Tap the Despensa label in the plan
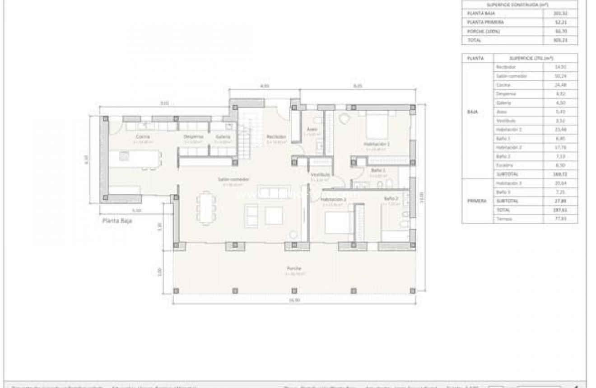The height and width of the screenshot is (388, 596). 193,136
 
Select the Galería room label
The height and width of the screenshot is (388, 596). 223,136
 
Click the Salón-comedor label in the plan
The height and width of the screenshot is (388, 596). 233,179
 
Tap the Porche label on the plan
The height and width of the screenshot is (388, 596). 293,268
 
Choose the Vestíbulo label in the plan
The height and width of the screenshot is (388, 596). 320,174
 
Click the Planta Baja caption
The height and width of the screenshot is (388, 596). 117,221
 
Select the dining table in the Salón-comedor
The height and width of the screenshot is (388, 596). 205,208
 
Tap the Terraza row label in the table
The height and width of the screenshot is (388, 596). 503,219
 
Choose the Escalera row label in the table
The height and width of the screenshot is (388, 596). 503,165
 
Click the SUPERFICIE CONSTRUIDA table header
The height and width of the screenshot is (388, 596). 519,5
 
